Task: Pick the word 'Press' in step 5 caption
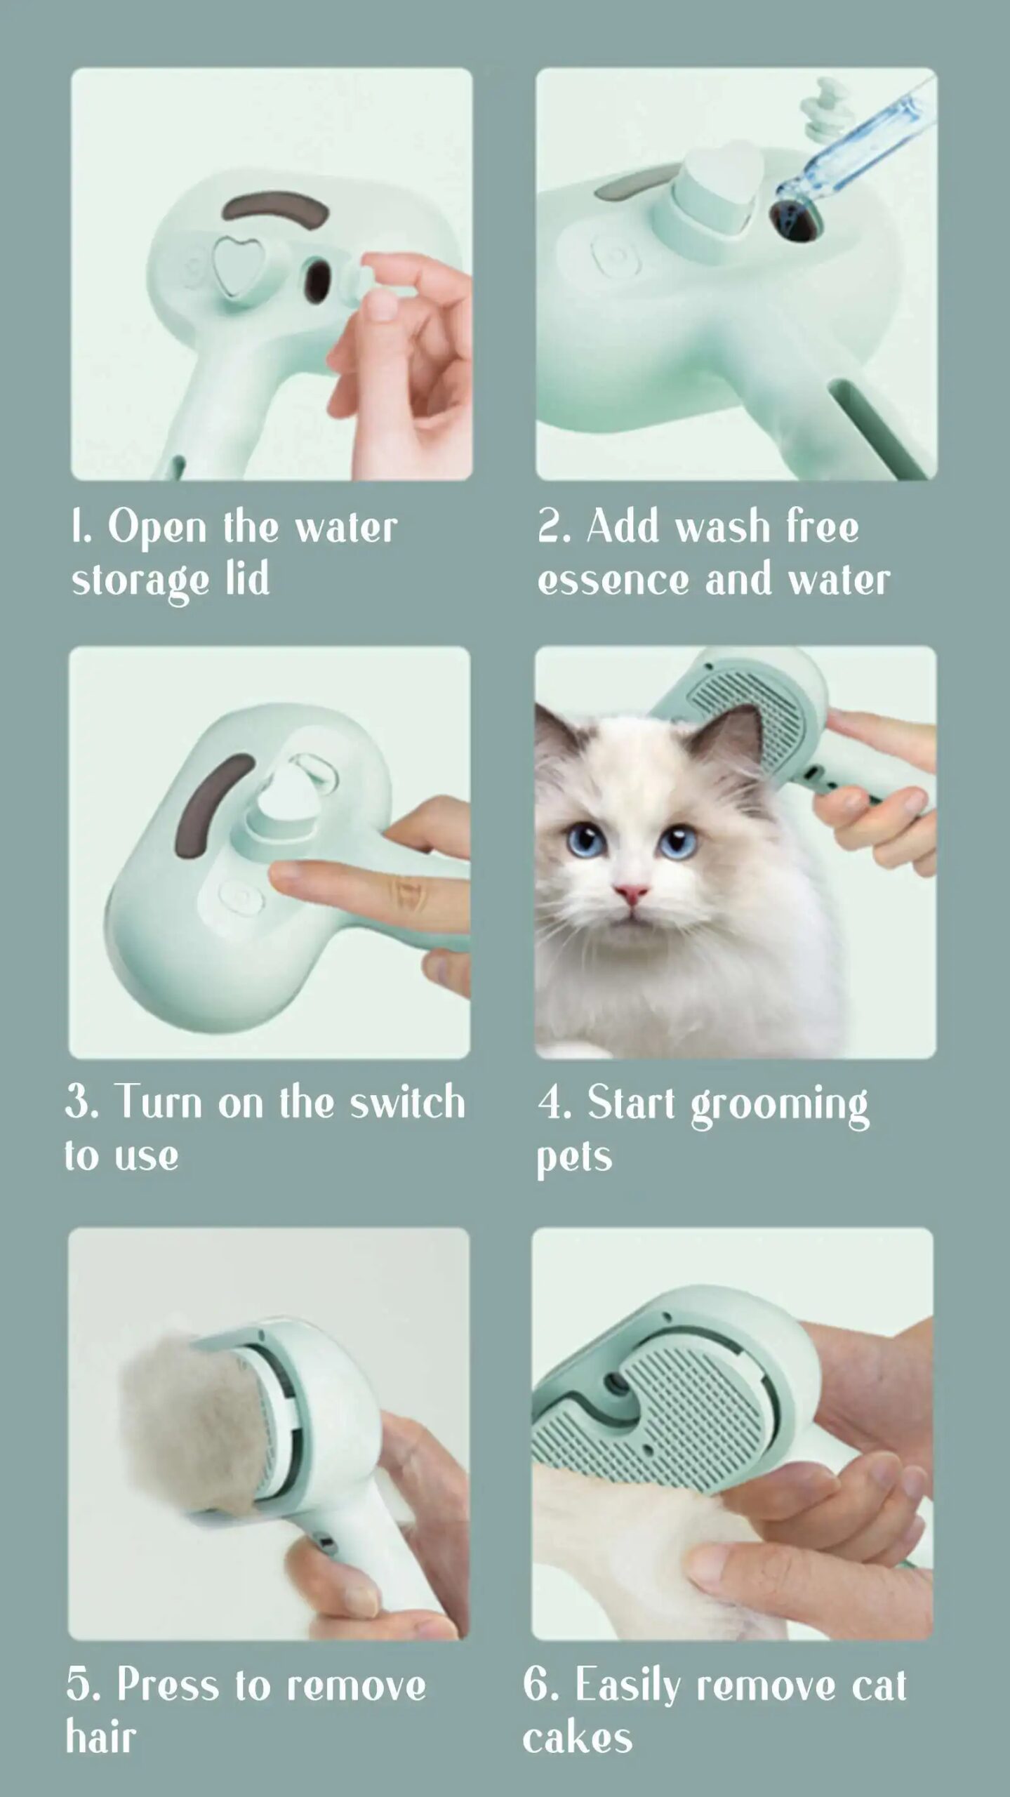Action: click(168, 1685)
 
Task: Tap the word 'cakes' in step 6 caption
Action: click(577, 1739)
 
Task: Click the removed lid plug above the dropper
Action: click(821, 109)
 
